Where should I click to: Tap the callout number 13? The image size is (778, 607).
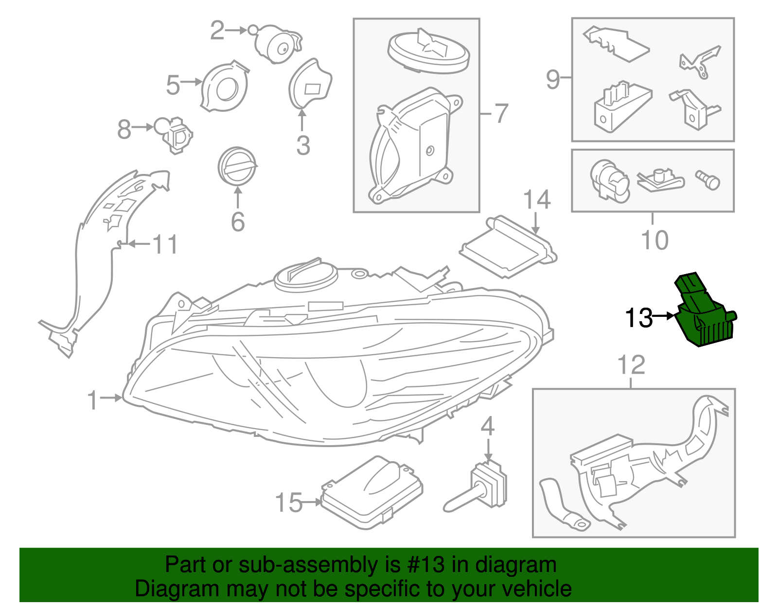[639, 318]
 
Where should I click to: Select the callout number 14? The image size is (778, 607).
[537, 200]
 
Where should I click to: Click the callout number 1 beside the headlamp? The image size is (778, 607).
[93, 400]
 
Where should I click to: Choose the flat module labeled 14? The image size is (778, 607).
[509, 247]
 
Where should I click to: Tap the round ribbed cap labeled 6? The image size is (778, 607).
[237, 166]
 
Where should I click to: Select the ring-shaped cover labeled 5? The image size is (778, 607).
[225, 87]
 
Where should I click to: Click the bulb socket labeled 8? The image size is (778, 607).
[174, 134]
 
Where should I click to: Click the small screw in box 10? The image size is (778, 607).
[707, 180]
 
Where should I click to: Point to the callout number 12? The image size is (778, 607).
[631, 365]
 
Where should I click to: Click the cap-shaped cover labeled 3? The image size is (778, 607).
[310, 83]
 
